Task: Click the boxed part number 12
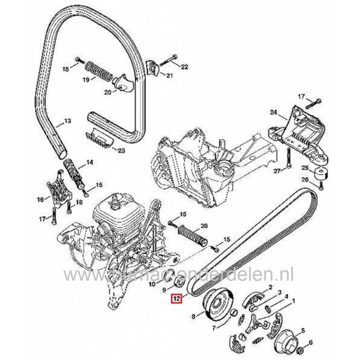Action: (x=176, y=298)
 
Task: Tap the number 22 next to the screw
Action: (x=185, y=67)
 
